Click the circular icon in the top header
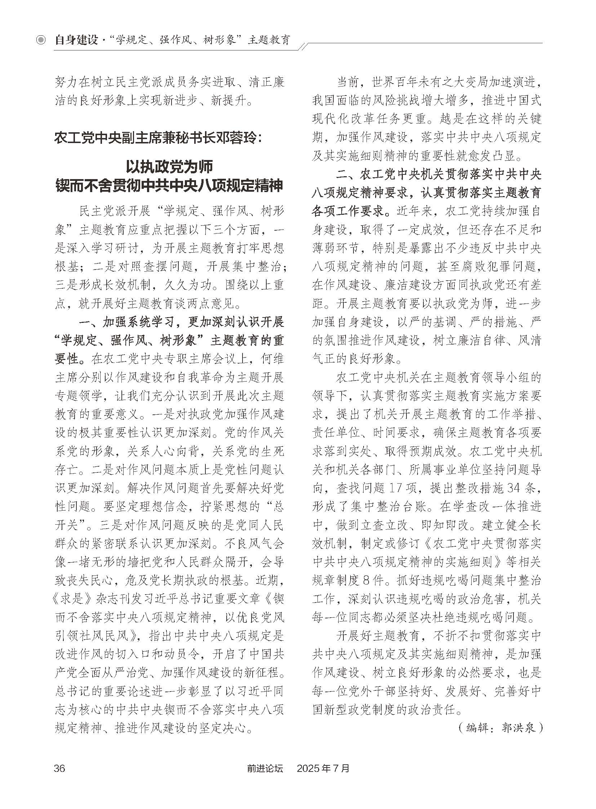click(x=41, y=40)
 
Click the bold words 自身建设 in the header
click(x=76, y=40)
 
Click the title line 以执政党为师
click(x=169, y=167)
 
